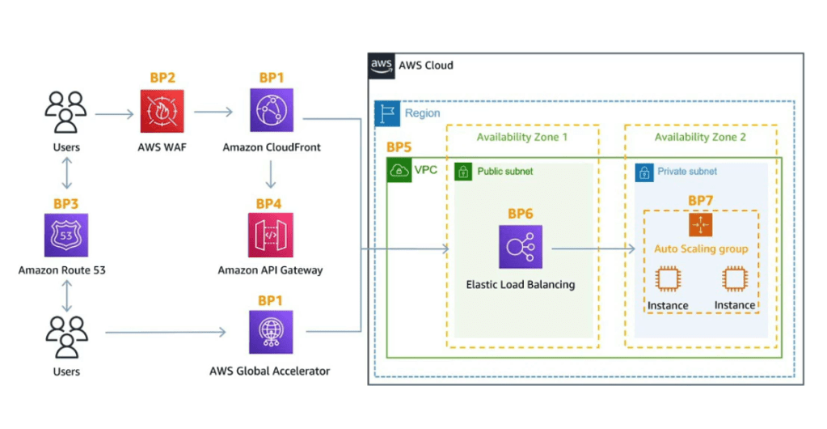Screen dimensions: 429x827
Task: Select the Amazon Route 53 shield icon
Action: pos(66,235)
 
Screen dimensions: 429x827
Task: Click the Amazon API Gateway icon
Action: pos(271,235)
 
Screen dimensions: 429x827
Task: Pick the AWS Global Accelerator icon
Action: pos(271,332)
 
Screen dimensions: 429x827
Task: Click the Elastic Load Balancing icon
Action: pos(521,246)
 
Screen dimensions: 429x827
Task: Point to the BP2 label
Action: pos(162,78)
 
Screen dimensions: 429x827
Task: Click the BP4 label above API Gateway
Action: pos(271,202)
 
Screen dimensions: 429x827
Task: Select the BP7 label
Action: pos(701,200)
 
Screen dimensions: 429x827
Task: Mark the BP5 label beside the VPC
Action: pos(399,148)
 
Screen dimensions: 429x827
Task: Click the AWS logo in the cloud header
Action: pos(381,65)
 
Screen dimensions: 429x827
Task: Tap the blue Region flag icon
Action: pos(387,113)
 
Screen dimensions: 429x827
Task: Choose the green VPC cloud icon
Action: pos(399,171)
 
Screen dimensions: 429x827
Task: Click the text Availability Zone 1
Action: pos(522,137)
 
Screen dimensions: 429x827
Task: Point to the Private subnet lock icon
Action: pos(644,172)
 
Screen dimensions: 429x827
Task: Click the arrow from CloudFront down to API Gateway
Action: pos(271,174)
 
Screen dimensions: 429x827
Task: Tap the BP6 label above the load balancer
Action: pos(521,214)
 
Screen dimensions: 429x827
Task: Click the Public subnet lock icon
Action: pos(464,172)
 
